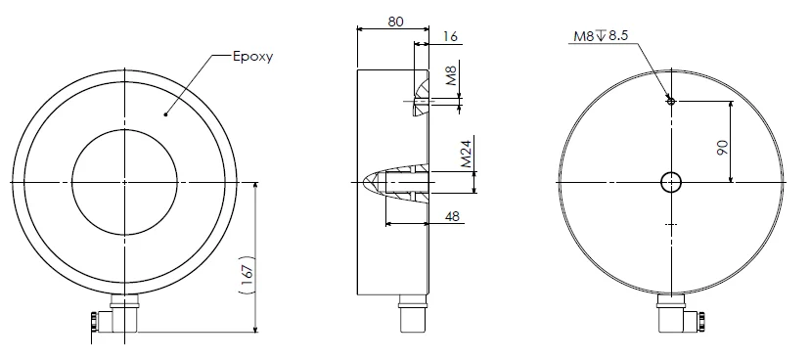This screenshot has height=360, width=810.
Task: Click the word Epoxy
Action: pos(252,57)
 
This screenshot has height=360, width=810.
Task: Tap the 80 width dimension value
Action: pos(394,22)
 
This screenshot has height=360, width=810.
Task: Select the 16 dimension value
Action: pos(450,36)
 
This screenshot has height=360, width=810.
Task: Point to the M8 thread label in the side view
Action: pos(452,76)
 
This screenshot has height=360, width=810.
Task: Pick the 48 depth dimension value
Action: pos(452,216)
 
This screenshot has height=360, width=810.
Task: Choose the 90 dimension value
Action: pos(722,148)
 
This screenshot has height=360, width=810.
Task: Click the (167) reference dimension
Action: pos(247,275)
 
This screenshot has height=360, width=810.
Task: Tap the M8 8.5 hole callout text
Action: pos(601,35)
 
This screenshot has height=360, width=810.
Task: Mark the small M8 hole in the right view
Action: pos(671,101)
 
